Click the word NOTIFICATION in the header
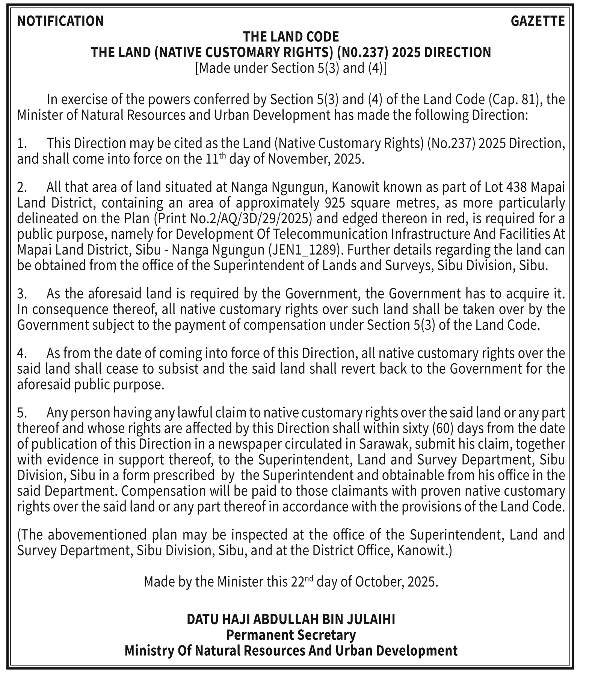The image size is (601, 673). [x=60, y=21]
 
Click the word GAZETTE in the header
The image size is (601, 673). [x=538, y=21]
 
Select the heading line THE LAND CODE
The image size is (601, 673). [x=291, y=37]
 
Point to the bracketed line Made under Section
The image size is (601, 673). [x=291, y=68]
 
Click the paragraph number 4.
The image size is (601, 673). [x=21, y=353]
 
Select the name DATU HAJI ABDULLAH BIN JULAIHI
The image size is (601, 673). [x=291, y=619]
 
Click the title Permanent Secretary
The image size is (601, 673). [x=291, y=635]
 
